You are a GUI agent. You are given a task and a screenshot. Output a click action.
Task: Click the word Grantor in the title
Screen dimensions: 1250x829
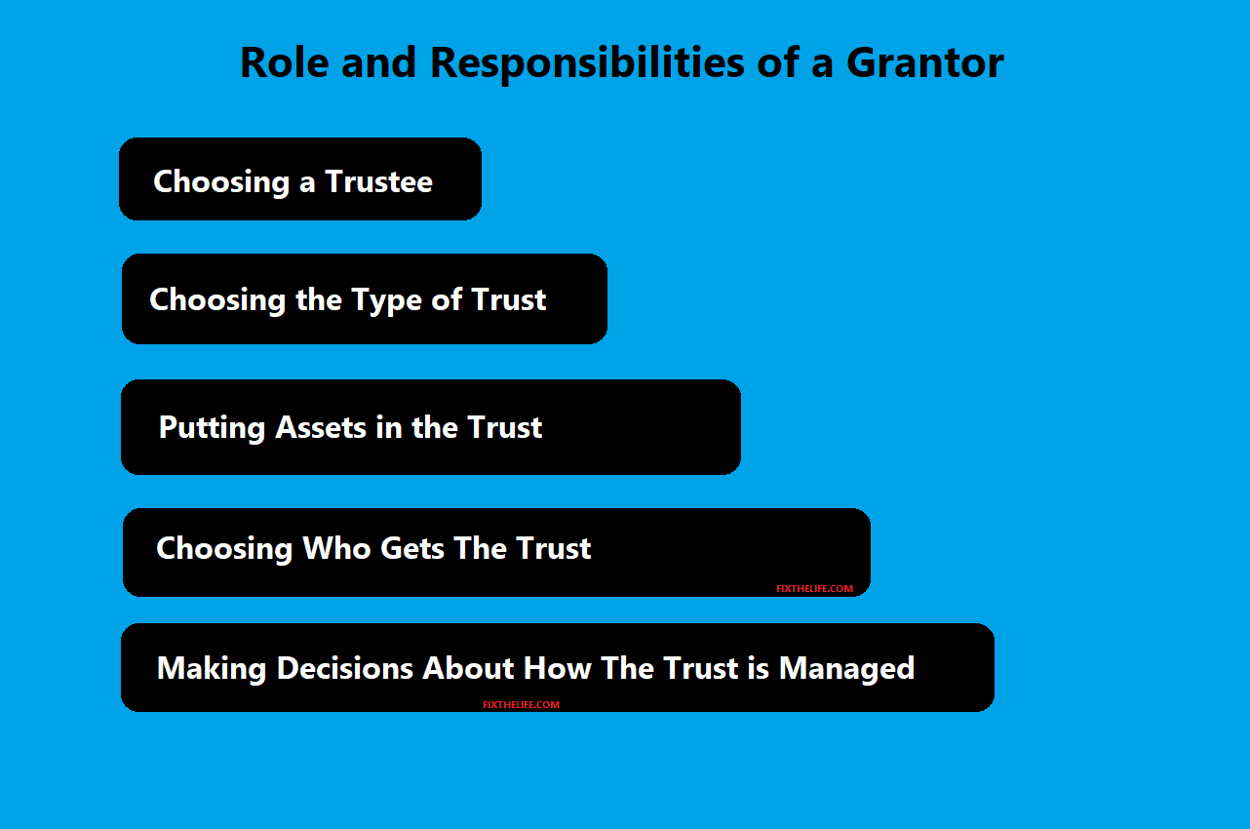924,62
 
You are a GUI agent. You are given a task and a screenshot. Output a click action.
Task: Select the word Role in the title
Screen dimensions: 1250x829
285,62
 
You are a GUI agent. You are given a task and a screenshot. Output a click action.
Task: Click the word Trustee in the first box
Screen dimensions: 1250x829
379,181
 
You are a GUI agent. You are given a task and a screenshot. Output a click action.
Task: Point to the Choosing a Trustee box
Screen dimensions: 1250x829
300,179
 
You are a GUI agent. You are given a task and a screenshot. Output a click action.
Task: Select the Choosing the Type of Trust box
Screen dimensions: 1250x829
365,298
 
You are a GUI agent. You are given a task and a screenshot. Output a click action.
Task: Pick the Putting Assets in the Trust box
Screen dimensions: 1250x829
431,427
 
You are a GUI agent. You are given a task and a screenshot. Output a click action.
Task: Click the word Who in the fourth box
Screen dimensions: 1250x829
336,548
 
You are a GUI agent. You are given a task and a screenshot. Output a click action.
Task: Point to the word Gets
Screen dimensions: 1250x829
412,548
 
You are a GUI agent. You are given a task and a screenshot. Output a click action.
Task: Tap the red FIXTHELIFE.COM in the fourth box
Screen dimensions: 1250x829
814,588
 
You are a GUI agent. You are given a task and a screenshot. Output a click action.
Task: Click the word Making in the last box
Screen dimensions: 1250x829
212,669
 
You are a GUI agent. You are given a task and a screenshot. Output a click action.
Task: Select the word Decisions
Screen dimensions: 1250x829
345,668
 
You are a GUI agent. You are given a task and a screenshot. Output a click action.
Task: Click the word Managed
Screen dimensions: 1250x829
846,669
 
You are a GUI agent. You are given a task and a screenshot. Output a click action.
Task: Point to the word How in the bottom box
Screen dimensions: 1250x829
557,668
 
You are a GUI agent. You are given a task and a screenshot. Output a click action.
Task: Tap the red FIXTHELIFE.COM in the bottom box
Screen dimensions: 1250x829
522,704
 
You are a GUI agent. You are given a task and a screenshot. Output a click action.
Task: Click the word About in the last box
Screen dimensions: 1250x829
468,668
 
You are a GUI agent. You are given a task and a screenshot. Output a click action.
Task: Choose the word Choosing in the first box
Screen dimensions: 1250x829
221,182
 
